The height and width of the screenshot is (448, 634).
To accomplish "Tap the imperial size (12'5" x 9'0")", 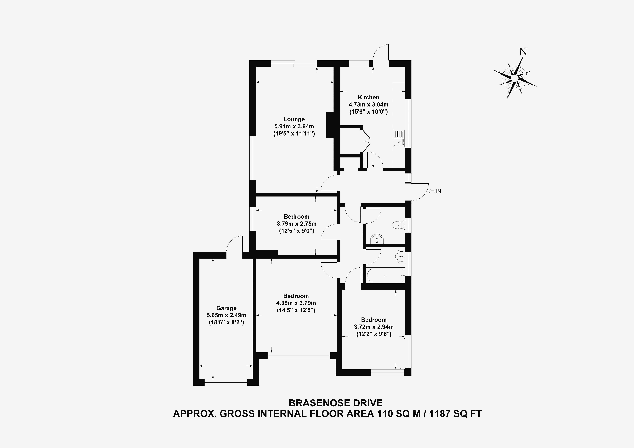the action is pos(297,231).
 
